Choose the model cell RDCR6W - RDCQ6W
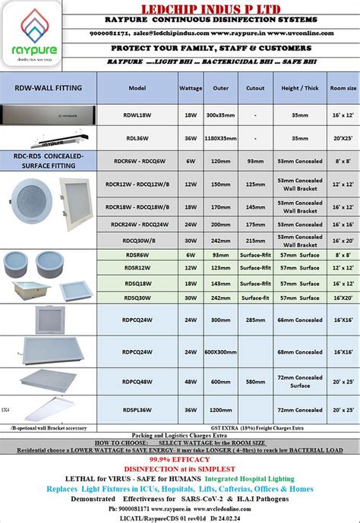(x=137, y=161)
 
